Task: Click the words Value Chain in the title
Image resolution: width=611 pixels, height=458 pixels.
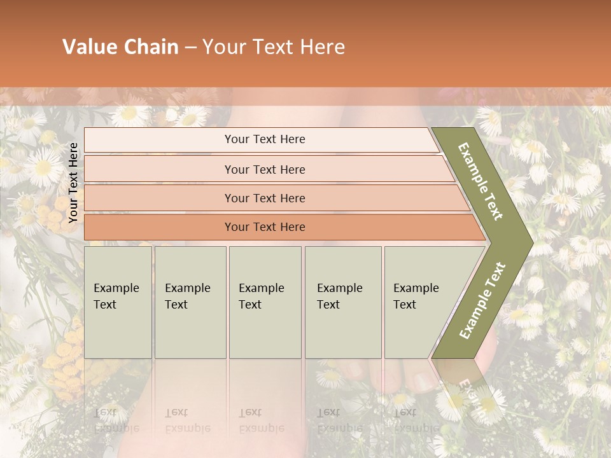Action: tap(120, 47)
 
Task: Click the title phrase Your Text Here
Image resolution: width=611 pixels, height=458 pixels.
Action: tap(274, 47)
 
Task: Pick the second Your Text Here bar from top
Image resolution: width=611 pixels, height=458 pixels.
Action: tap(265, 169)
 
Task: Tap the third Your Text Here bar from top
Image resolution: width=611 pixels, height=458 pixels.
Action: tap(265, 198)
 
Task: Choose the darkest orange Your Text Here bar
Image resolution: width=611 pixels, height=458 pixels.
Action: tap(265, 227)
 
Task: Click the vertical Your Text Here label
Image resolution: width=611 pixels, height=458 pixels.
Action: tap(73, 183)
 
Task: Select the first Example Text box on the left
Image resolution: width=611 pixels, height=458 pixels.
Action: tap(118, 302)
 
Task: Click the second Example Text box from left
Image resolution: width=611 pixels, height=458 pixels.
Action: tap(190, 302)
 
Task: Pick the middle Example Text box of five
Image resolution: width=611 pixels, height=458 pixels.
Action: tap(265, 302)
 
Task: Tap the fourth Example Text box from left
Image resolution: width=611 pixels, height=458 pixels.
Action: tap(342, 302)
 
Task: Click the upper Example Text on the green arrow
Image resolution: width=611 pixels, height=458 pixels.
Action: tap(481, 181)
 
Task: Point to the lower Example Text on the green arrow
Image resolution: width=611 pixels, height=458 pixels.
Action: tap(482, 300)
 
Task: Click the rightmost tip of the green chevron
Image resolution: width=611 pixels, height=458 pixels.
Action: tap(531, 242)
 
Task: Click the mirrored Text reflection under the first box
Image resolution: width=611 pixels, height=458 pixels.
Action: tap(105, 412)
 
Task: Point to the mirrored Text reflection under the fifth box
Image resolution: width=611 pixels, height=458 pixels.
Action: tap(405, 412)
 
